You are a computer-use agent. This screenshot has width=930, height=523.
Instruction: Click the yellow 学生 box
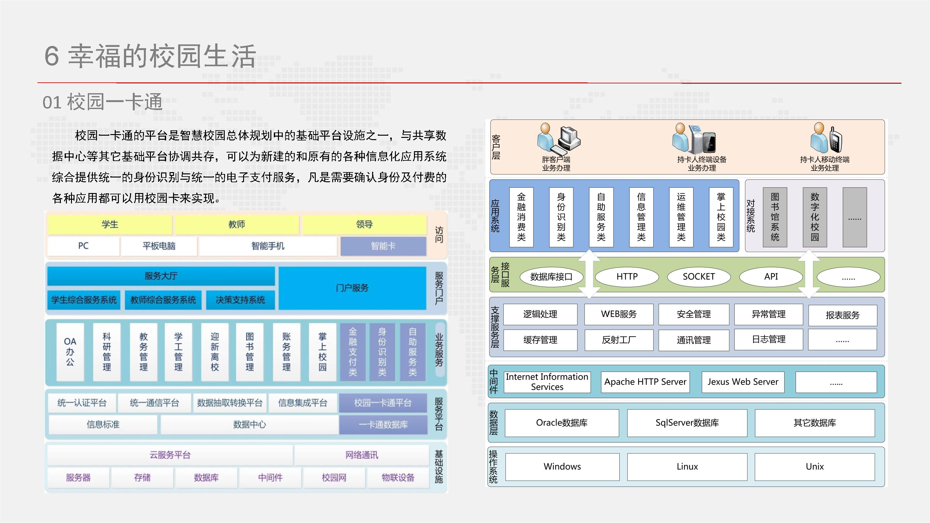(x=110, y=224)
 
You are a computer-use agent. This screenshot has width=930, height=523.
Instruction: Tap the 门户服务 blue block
(x=352, y=288)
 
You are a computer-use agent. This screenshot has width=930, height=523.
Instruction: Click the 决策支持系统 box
(x=240, y=300)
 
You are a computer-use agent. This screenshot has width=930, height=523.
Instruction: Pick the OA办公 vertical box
(x=70, y=352)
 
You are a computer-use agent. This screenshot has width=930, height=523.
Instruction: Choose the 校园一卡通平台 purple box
(x=383, y=403)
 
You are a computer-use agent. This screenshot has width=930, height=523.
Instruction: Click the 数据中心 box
(x=249, y=424)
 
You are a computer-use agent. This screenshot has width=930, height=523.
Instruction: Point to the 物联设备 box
(x=398, y=478)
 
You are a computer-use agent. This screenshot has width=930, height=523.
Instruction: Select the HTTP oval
(x=627, y=277)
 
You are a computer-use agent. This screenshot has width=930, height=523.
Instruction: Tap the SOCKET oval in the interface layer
(x=699, y=277)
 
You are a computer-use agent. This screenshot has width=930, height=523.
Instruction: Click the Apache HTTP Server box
(x=645, y=382)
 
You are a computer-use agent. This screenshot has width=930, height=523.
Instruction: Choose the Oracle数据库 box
(x=561, y=423)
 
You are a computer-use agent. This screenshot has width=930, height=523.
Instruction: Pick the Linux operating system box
(x=687, y=467)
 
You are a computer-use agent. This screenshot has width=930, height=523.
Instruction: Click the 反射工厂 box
(x=619, y=340)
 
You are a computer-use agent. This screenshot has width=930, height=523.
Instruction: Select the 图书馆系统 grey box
(x=775, y=217)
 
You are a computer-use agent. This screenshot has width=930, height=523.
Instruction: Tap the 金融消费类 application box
(x=521, y=217)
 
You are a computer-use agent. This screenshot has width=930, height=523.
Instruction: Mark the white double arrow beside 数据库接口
(x=589, y=274)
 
